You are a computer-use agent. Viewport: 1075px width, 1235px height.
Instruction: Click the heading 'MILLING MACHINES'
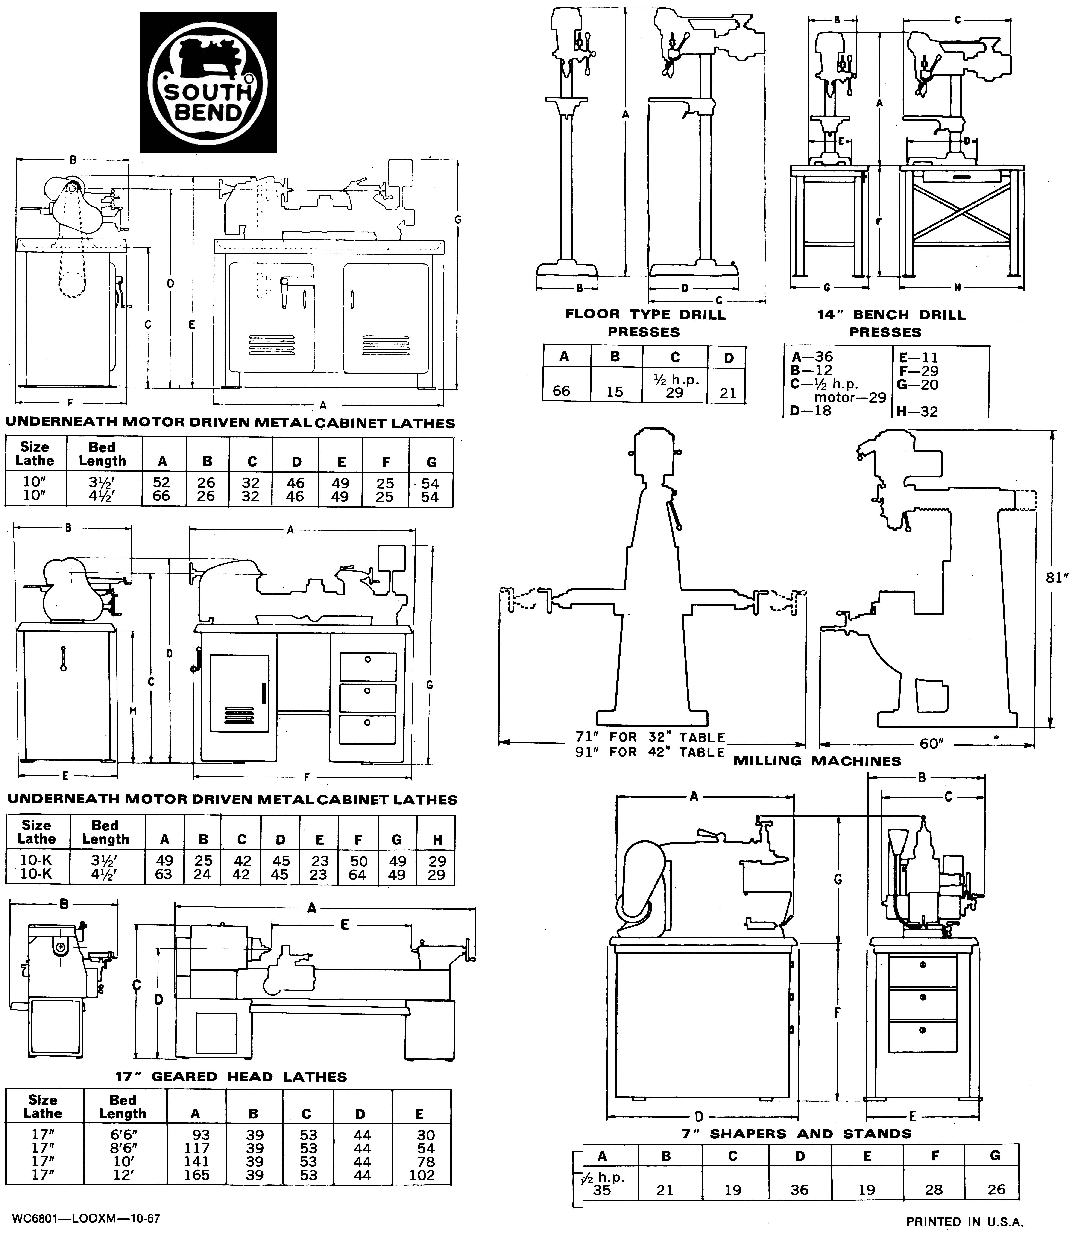(817, 761)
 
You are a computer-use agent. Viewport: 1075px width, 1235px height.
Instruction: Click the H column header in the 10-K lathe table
(437, 840)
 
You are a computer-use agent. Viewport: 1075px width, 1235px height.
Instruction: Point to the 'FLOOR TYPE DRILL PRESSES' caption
(645, 323)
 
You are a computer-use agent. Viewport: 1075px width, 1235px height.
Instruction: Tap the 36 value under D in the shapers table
(799, 1189)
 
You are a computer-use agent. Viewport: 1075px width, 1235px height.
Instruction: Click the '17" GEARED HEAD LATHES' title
(231, 1077)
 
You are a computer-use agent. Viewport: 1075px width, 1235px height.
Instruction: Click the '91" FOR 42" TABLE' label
(650, 752)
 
